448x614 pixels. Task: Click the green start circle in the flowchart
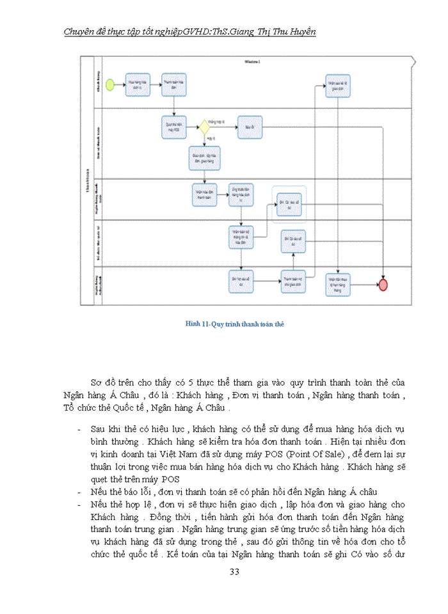111,84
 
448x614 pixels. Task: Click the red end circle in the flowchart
383,285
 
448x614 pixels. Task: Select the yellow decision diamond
204,127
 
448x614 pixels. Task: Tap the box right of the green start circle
137,84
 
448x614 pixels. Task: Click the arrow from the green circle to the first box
120,84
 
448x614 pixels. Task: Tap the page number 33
234,571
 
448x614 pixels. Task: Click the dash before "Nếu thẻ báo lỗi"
77,492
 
